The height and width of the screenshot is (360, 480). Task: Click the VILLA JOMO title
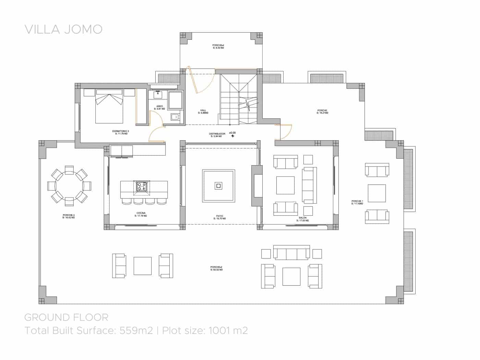click(63, 29)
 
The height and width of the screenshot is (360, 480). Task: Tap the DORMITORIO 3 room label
click(120, 131)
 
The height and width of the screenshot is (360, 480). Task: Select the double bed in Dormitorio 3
click(109, 106)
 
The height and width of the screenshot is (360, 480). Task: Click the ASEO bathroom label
click(159, 106)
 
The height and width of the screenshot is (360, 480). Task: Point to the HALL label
click(203, 110)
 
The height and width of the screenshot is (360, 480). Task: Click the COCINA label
click(141, 213)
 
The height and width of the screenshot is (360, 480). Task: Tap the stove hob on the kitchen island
click(142, 186)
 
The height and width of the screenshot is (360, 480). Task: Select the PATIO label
click(219, 216)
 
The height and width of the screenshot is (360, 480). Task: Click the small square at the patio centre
click(218, 186)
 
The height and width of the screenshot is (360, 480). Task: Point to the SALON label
click(303, 218)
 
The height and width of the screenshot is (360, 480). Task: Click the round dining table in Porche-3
click(69, 185)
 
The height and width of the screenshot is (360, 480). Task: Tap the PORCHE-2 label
click(217, 267)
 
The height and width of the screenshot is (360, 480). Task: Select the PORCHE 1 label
click(357, 201)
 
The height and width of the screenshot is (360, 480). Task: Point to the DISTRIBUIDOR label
click(217, 134)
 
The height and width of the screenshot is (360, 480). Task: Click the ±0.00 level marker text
click(232, 132)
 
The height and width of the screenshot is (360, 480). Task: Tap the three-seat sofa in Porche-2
click(291, 253)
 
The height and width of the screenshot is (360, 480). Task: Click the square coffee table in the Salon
click(285, 185)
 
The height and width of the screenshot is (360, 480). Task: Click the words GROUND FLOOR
click(66, 317)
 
